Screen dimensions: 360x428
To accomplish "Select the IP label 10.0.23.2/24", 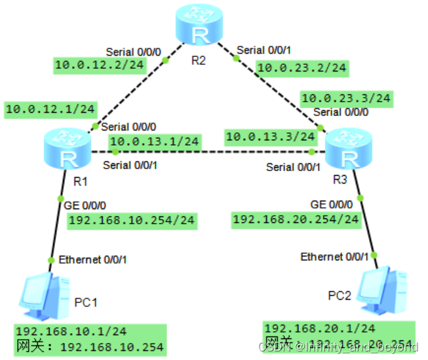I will coord(302,67).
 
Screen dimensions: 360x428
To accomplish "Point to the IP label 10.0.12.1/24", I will coord(50,109).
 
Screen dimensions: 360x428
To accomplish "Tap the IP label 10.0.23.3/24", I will coord(346,98).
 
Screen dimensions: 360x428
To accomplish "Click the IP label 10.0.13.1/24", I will coord(154,141).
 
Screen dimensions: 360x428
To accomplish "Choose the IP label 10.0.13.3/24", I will coord(270,137).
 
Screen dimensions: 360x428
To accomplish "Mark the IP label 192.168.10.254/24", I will coord(132,220).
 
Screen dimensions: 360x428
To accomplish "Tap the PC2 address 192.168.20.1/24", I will coord(320,328).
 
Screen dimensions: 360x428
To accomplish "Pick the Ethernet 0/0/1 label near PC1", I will coord(92,260).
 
